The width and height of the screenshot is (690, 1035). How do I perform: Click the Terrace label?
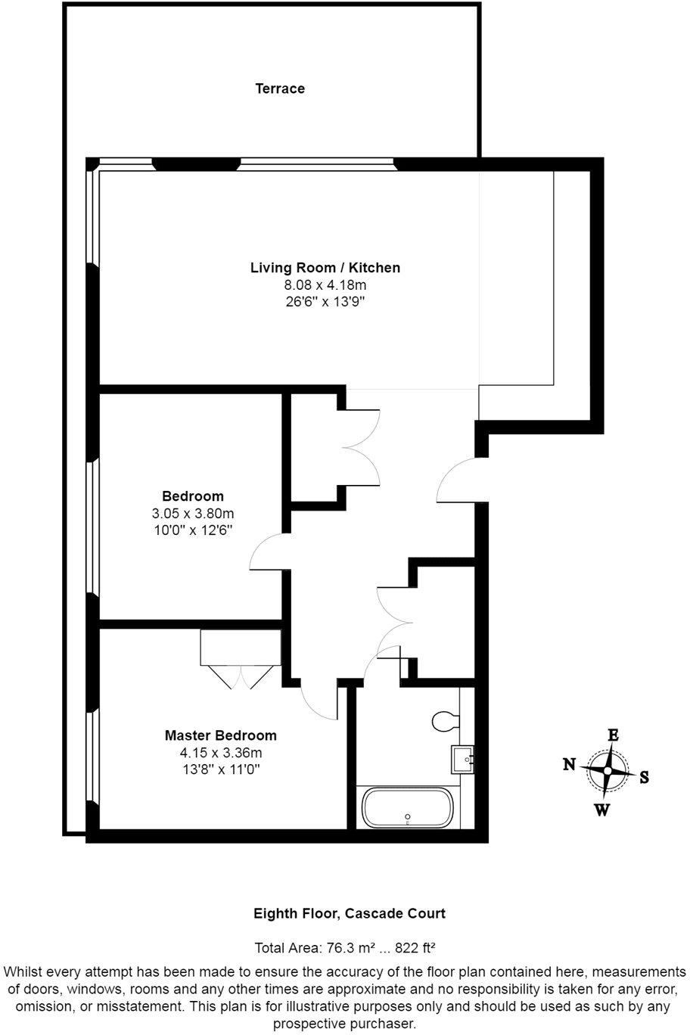(x=280, y=89)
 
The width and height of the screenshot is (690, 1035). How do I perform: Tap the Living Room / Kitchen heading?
(x=325, y=268)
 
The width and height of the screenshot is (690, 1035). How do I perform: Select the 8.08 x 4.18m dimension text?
(x=325, y=284)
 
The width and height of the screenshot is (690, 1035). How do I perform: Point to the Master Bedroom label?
(x=220, y=735)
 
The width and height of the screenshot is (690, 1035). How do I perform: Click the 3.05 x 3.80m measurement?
(x=193, y=513)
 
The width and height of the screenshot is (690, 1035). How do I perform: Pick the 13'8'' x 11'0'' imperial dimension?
(x=220, y=769)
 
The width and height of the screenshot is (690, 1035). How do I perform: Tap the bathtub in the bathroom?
(x=407, y=809)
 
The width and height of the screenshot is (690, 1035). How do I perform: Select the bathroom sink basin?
(x=462, y=759)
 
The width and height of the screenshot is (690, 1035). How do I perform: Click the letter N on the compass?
(x=569, y=765)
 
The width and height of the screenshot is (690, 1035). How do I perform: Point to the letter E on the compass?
(x=613, y=735)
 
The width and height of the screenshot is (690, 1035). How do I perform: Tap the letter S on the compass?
(x=644, y=778)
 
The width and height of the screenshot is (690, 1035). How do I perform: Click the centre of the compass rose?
(x=608, y=771)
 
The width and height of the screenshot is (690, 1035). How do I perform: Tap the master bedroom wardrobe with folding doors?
(x=241, y=659)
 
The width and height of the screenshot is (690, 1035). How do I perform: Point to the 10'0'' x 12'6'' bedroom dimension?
(x=193, y=530)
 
